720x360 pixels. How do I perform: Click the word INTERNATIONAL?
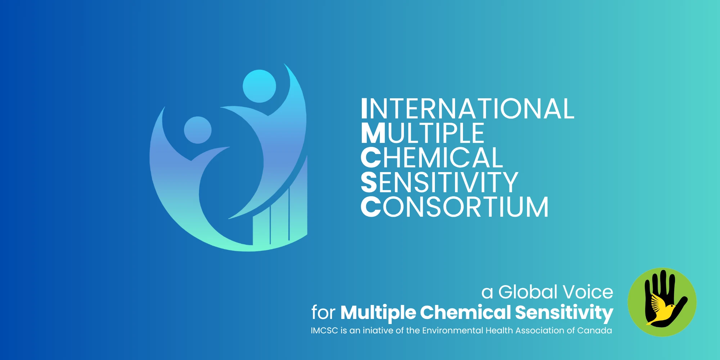point(468,109)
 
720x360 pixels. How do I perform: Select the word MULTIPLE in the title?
point(423,133)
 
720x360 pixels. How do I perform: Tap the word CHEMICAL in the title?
point(432,158)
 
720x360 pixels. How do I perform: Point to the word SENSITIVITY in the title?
point(440,182)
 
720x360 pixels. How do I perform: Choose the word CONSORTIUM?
point(455,207)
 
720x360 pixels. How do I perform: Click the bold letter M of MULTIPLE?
point(374,133)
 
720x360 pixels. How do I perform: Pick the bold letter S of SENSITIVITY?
point(369,182)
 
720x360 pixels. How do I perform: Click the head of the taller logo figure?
point(259,86)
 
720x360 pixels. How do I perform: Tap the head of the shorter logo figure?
point(198,130)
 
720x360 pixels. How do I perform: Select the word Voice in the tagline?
point(588,292)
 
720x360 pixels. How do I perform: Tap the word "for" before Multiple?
point(323,312)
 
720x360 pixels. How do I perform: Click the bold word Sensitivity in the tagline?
point(564,313)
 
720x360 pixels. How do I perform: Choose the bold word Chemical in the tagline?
point(465,312)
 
